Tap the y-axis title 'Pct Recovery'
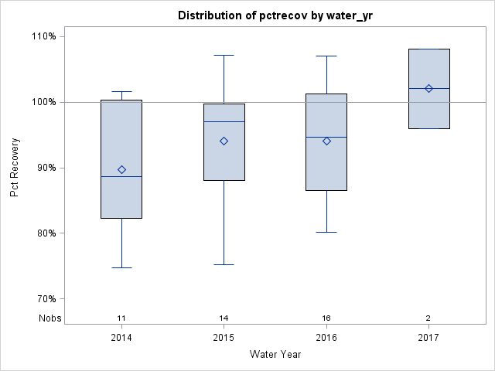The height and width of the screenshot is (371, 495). point(15,168)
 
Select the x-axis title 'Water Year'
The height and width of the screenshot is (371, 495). point(275,355)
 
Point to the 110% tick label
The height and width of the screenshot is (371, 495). point(43,36)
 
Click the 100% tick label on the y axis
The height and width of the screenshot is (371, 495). point(43,102)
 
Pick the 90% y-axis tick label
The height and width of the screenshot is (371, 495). point(45,168)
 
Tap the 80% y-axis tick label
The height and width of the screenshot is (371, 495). point(45,233)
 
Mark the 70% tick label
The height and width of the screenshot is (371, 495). point(45,299)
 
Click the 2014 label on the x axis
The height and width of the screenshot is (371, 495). point(121,338)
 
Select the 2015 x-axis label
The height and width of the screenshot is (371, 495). point(224,338)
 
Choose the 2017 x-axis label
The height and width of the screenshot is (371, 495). point(428,338)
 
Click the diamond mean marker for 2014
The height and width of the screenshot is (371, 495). point(121,169)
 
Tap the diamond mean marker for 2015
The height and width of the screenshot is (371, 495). point(224,141)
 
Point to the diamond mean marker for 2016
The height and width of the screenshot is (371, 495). point(326,141)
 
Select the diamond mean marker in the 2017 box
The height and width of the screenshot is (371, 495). point(428,88)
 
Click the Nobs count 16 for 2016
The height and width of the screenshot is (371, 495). point(326,318)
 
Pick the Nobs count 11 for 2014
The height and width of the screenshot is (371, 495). point(121,318)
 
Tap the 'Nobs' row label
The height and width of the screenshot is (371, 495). point(50,318)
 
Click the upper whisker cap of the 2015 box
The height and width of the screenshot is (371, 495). point(224,56)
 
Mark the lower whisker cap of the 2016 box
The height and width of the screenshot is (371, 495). point(326,232)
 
